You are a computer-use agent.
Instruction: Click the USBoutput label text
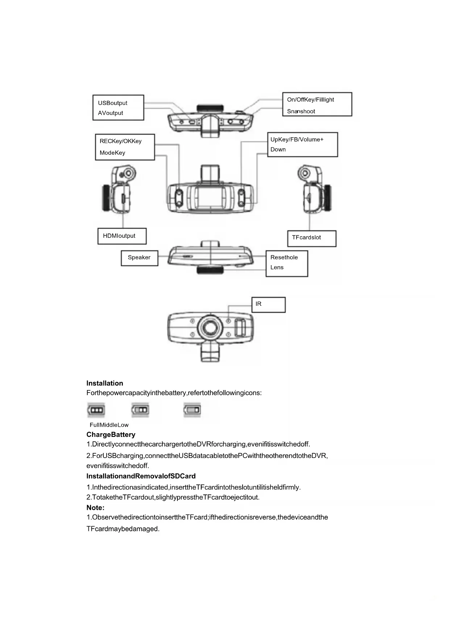pos(112,103)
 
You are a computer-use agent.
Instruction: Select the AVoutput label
pos(110,113)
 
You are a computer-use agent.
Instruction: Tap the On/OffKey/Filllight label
pos(310,100)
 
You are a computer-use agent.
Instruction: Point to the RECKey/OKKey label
pos(120,141)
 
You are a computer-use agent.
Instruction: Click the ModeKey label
pos(112,153)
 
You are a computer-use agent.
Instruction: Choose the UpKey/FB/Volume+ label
pos(297,139)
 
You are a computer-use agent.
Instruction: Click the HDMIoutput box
pos(122,236)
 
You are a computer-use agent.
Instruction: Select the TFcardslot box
pos(311,238)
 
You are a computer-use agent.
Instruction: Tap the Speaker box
pos(139,258)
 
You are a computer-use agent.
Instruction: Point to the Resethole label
pos(284,257)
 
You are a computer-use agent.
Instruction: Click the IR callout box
pos(268,305)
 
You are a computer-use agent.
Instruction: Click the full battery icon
pos(96,410)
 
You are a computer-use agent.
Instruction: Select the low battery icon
pos(192,410)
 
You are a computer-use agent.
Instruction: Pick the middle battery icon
pos(140,410)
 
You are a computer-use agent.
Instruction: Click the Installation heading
pos(105,383)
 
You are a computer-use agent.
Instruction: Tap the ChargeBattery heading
pos(111,435)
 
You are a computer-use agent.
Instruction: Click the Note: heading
pos(95,508)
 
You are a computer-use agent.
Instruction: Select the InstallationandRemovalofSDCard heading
pos(141,476)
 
